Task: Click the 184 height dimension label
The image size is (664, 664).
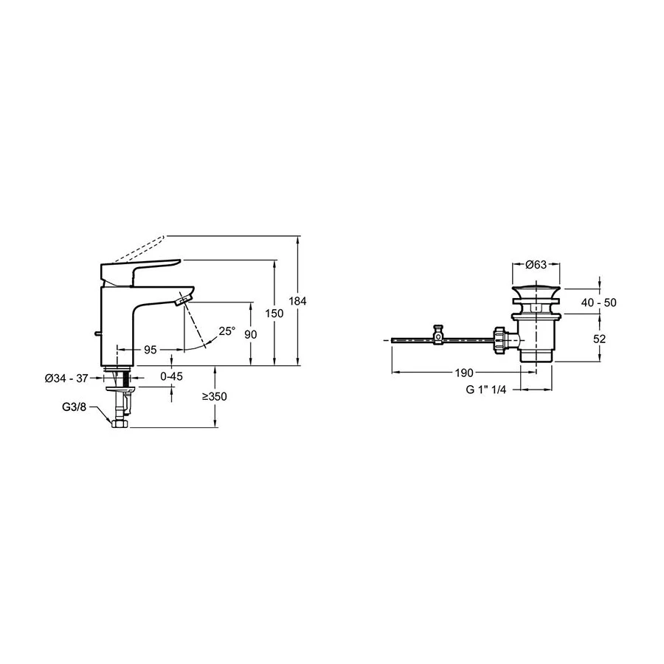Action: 298,301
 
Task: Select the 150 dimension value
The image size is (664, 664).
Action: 274,314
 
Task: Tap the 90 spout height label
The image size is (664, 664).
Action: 251,334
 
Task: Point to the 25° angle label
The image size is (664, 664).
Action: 227,331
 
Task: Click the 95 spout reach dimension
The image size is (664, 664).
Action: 151,350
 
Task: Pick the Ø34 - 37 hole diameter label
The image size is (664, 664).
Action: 66,378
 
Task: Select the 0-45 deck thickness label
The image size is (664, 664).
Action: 171,376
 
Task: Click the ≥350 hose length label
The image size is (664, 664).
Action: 214,397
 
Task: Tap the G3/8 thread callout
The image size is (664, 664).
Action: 74,407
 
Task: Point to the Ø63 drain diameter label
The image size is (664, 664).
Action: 536,265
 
